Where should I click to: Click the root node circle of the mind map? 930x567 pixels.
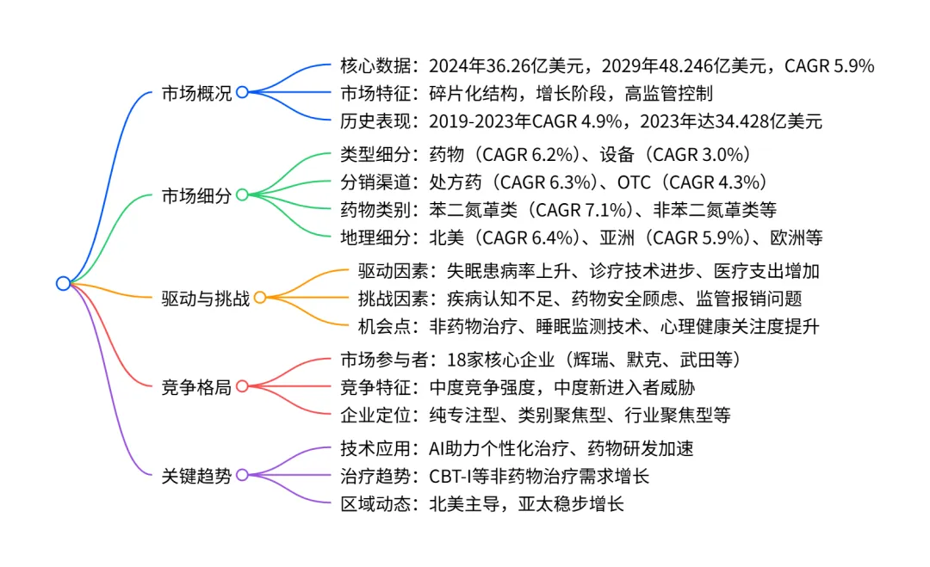tap(63, 283)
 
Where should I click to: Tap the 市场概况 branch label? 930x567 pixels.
tap(196, 93)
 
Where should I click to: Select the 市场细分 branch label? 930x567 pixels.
tap(196, 195)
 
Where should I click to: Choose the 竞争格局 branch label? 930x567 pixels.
tap(196, 387)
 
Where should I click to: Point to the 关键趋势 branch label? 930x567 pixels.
tap(196, 475)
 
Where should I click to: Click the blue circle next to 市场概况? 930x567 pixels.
tap(242, 92)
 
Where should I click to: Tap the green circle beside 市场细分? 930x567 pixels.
tap(242, 194)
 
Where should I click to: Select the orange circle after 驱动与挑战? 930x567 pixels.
tap(259, 298)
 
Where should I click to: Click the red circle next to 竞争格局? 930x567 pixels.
tap(242, 387)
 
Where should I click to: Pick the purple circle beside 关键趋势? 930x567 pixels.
tap(242, 475)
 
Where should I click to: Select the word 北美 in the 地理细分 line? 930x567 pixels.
tap(447, 236)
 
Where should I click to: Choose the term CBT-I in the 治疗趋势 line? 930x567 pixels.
tap(453, 476)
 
